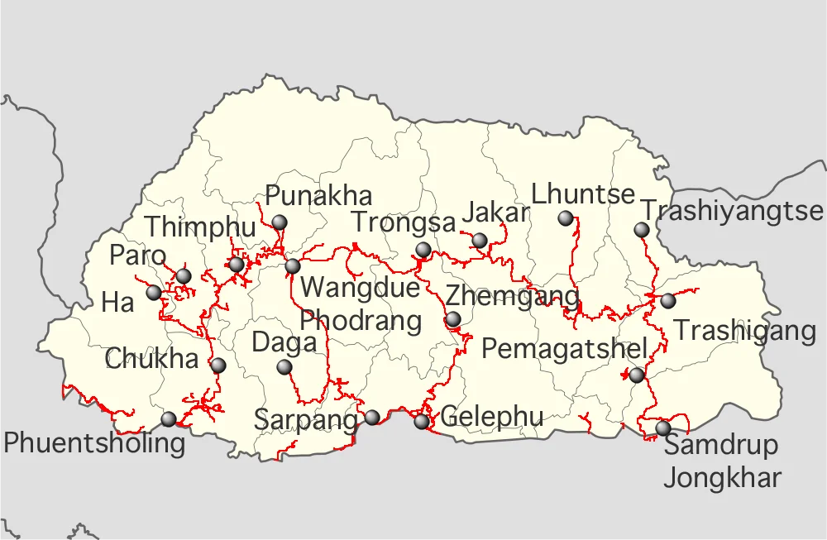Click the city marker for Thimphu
pyautogui.click(x=237, y=265)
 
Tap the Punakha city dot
pyautogui.click(x=280, y=222)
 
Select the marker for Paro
pyautogui.click(x=184, y=275)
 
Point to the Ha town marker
pyautogui.click(x=154, y=292)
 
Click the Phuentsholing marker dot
pyautogui.click(x=169, y=418)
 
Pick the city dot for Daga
pyautogui.click(x=284, y=366)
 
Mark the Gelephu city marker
pyautogui.click(x=422, y=421)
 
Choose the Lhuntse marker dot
pyautogui.click(x=566, y=218)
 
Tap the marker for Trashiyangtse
pyautogui.click(x=642, y=229)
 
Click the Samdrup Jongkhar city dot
pyautogui.click(x=663, y=428)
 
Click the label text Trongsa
pyautogui.click(x=404, y=222)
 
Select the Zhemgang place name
pyautogui.click(x=513, y=296)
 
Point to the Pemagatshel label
pyautogui.click(x=564, y=349)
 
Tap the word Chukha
pyautogui.click(x=152, y=359)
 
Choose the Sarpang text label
pyautogui.click(x=306, y=419)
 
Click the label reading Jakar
pyautogui.click(x=495, y=213)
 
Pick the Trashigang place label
pyautogui.click(x=745, y=331)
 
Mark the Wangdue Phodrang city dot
pyautogui.click(x=292, y=266)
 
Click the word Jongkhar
pyautogui.click(x=722, y=477)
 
